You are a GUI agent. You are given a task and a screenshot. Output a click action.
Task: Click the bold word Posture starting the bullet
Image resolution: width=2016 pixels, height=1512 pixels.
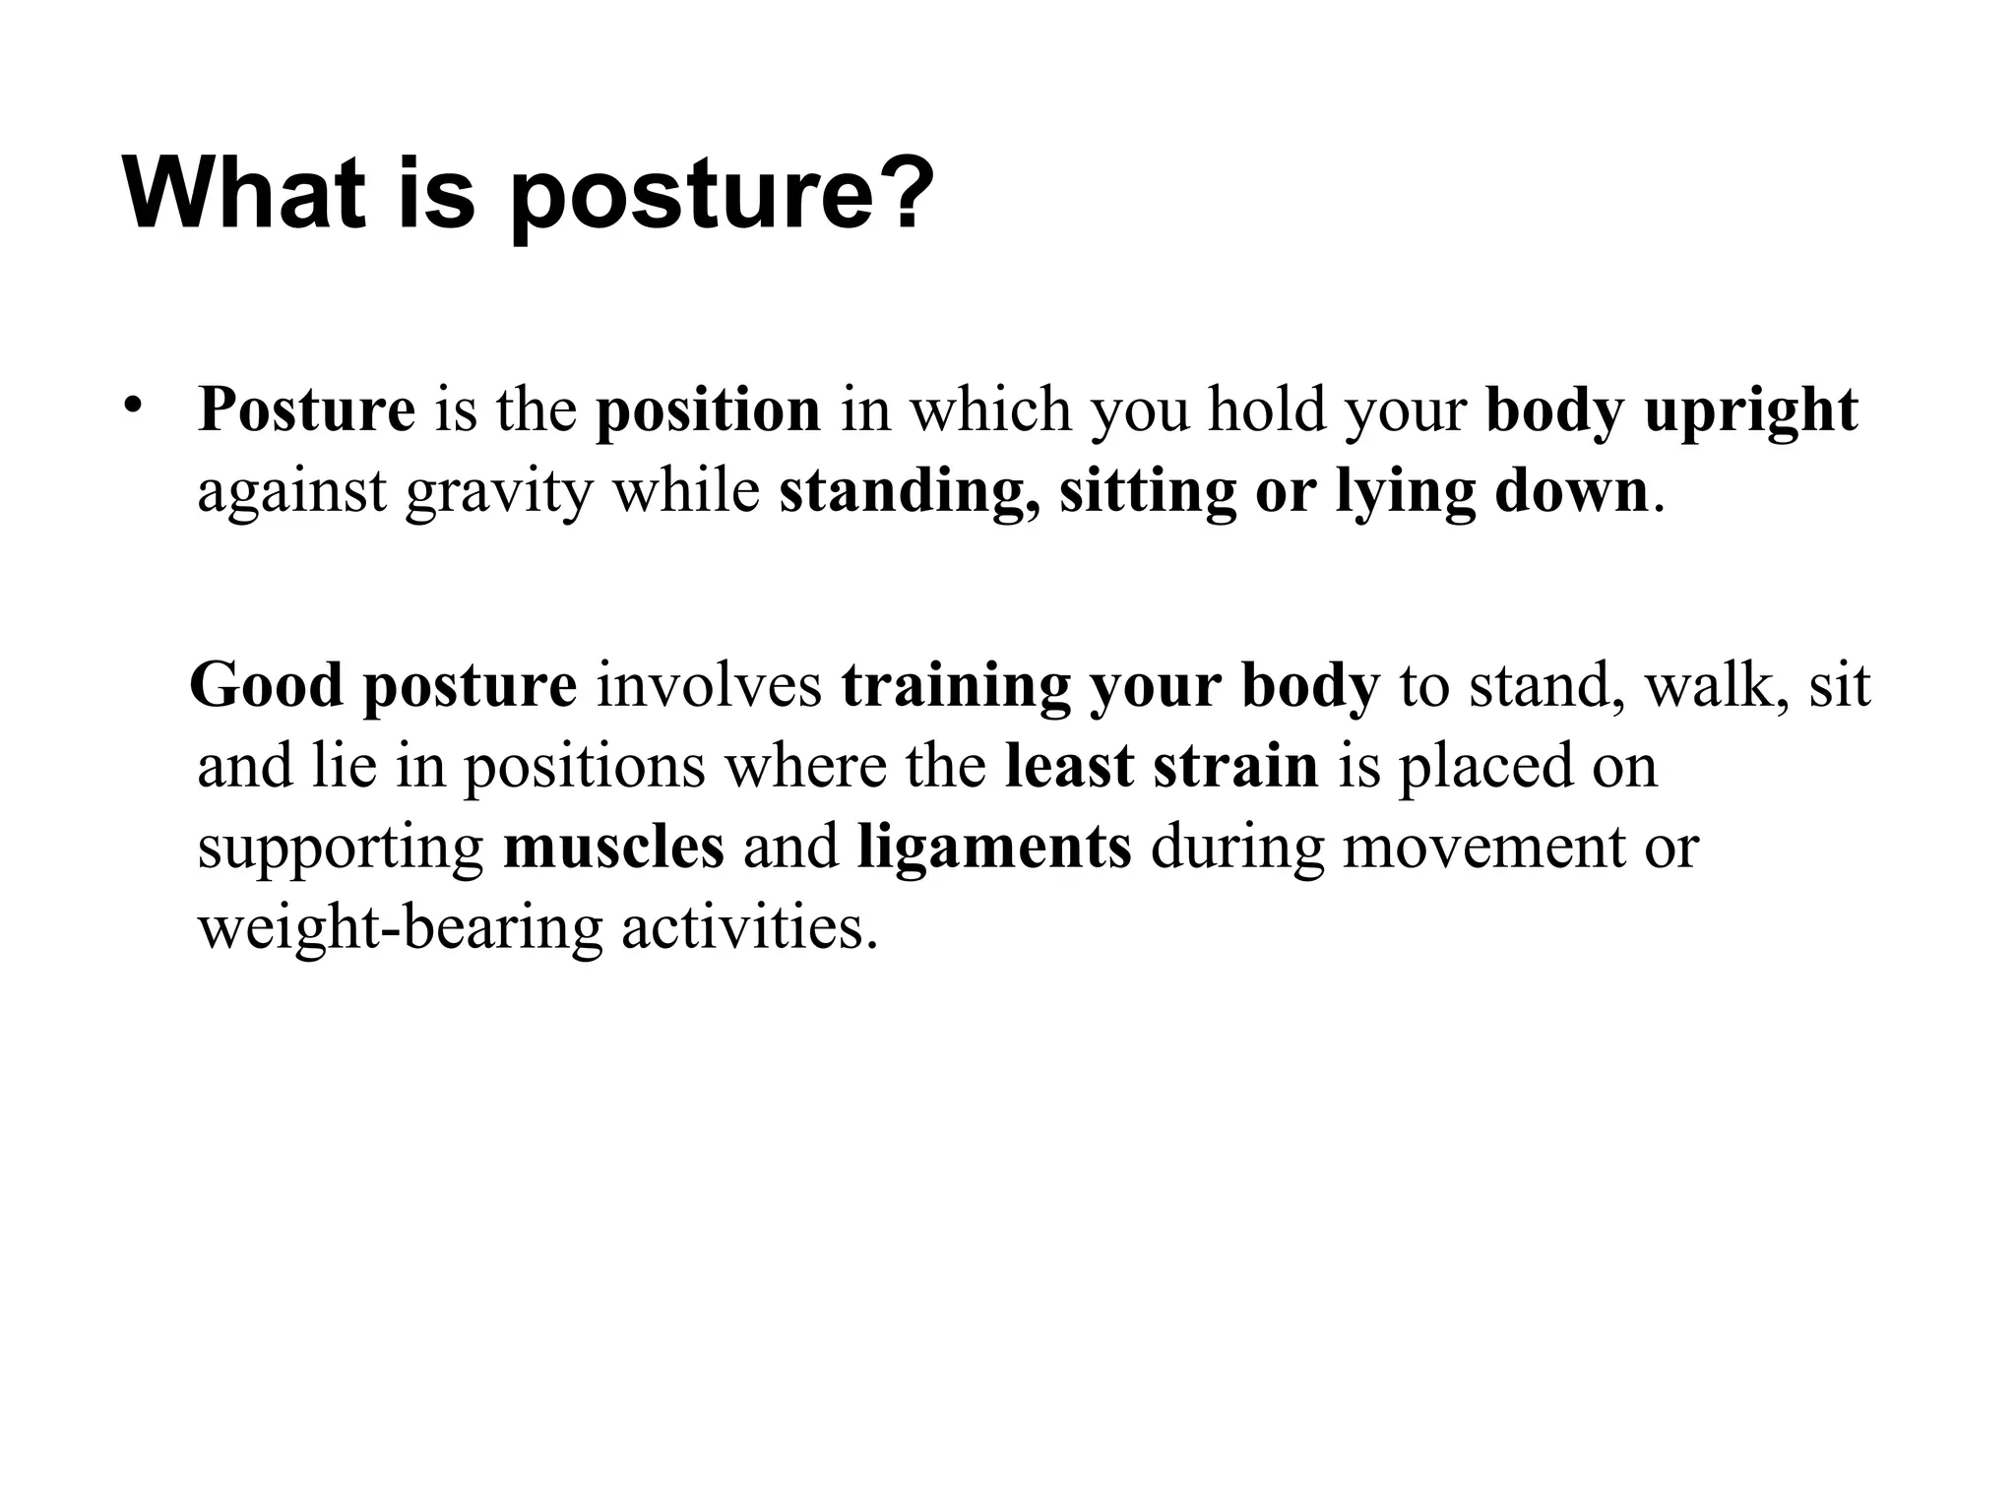click(306, 410)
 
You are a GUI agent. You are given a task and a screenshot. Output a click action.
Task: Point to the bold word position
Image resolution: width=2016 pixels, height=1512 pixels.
click(708, 410)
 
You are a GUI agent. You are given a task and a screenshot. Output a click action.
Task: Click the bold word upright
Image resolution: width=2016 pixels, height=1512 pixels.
click(1750, 410)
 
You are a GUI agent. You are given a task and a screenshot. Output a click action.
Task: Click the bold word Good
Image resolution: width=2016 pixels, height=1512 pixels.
click(266, 686)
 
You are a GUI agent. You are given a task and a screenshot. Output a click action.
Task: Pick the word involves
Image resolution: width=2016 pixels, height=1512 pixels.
click(709, 686)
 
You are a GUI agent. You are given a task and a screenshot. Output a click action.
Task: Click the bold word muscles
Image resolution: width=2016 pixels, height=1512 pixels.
click(613, 848)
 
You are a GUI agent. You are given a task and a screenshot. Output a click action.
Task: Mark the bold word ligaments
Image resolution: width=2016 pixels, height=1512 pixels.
click(994, 848)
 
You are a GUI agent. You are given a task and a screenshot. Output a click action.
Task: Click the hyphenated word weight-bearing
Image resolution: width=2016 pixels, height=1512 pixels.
click(400, 928)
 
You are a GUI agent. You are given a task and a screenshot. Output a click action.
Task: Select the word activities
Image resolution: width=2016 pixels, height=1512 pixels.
click(749, 928)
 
